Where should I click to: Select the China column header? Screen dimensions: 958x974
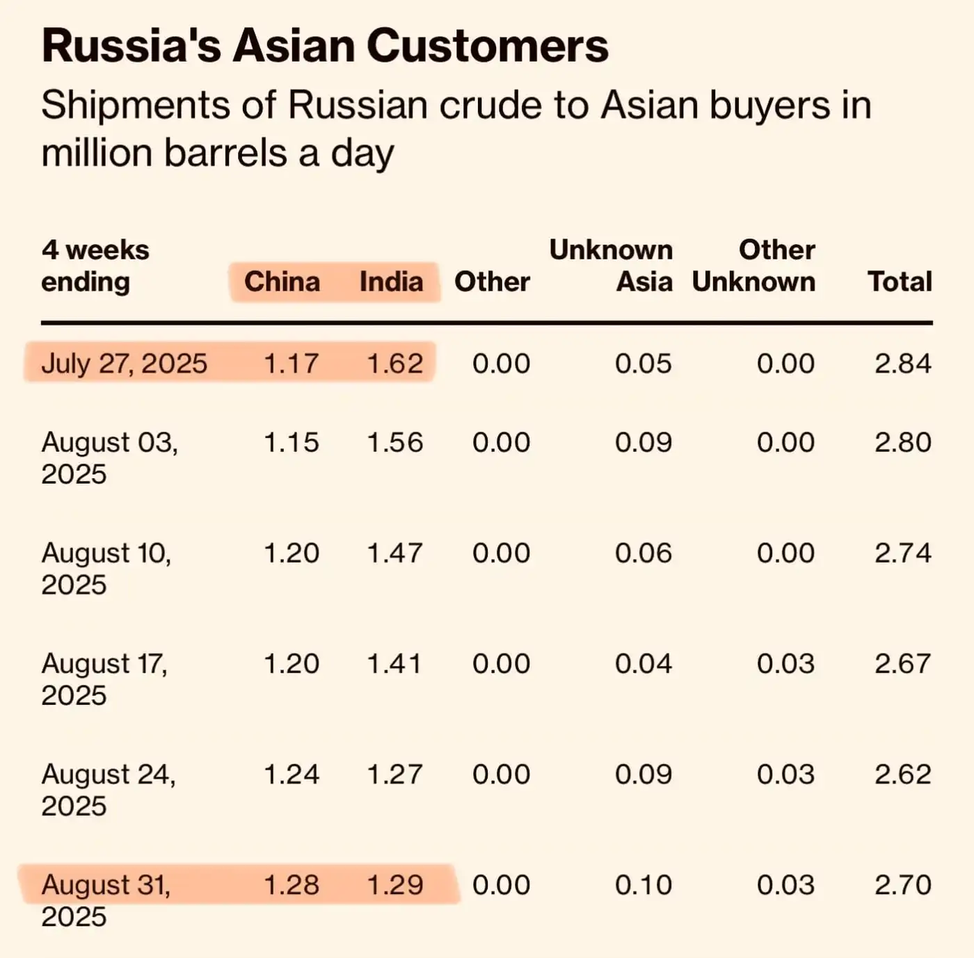pos(282,282)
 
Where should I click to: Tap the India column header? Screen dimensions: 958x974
pos(391,282)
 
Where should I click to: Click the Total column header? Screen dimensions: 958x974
pos(900,282)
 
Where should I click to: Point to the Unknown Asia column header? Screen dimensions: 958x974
pos(611,266)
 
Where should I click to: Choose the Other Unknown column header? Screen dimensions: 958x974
pos(754,266)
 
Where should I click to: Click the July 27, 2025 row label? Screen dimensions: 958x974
pos(124,364)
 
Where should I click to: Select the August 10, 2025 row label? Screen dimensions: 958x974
pos(106,568)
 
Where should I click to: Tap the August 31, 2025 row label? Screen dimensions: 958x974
pos(106,900)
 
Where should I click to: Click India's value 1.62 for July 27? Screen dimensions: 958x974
pos(394,364)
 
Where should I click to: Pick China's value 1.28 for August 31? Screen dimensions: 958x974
pos(292,885)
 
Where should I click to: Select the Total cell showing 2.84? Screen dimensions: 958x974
pos(902,364)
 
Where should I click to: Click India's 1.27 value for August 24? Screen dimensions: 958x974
pos(394,774)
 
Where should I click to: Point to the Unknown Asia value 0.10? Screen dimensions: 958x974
pos(643,885)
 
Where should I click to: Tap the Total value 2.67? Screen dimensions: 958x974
pos(902,664)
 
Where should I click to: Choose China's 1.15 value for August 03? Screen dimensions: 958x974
pos(292,442)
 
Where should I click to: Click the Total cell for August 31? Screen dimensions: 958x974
pos(902,885)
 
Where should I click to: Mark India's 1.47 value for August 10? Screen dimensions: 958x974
pos(394,553)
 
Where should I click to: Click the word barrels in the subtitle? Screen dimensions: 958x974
pos(225,153)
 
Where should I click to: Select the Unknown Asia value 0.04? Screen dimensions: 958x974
pos(643,664)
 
